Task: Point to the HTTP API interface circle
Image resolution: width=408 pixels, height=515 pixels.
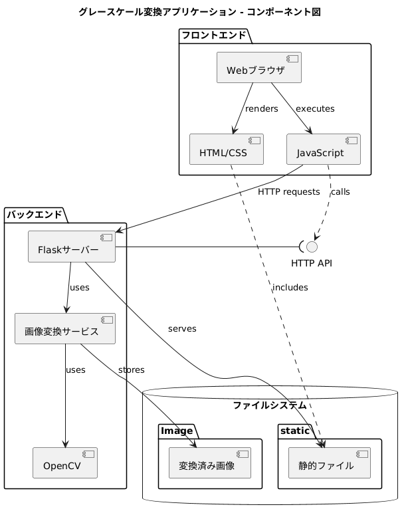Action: pos(312,247)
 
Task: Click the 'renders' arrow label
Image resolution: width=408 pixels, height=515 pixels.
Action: pos(261,108)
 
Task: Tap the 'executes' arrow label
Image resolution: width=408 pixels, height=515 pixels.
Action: pos(315,108)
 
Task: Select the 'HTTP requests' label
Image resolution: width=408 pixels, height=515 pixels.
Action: pos(289,191)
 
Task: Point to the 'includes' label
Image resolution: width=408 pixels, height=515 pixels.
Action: pos(290,287)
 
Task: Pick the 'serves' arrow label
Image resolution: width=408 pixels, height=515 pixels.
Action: pos(182,328)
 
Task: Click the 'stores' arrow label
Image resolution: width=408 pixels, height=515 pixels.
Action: pos(131,369)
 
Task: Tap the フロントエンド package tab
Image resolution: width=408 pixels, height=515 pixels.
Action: pos(213,35)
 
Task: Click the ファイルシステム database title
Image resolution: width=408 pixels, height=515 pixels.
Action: pos(270,405)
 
